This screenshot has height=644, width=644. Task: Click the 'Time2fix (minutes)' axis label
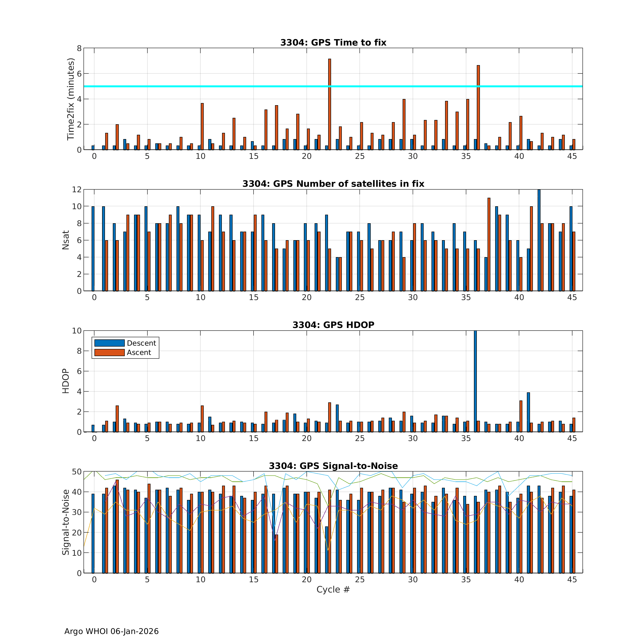coord(70,99)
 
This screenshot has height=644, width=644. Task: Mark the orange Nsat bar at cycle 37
coord(489,244)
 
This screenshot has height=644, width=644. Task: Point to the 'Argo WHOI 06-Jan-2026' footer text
coord(111,631)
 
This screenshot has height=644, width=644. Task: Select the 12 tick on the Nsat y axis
coord(77,189)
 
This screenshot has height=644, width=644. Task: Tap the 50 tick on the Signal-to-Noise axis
coord(77,472)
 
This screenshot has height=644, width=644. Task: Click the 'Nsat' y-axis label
coord(66,240)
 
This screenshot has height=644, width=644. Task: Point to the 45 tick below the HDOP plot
coord(572,438)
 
